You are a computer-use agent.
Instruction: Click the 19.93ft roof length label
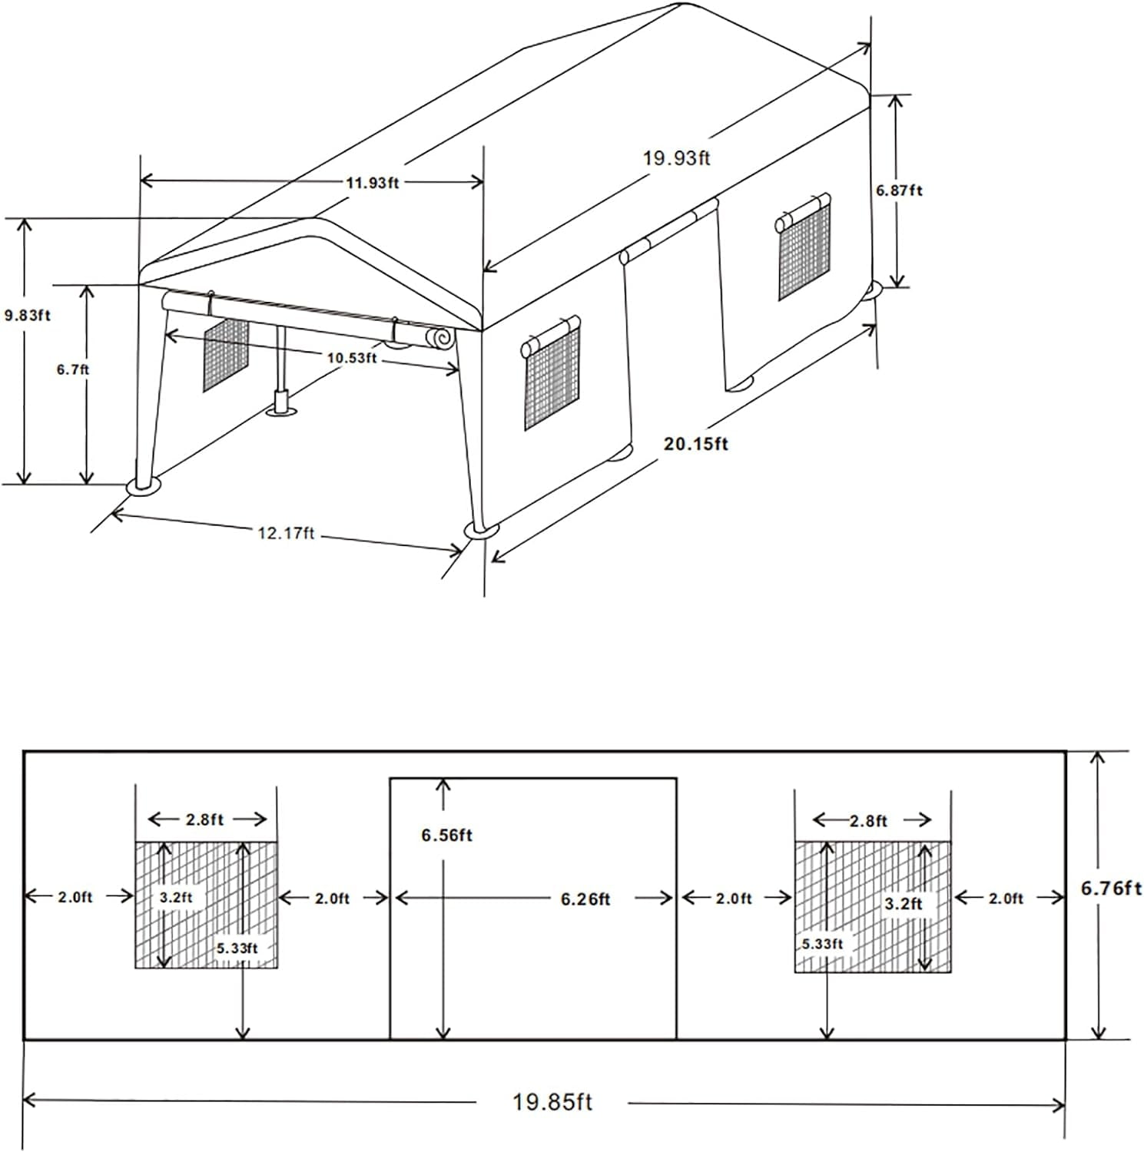[677, 158]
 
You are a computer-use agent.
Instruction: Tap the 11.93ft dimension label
[372, 183]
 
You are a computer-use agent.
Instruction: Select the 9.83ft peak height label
[27, 314]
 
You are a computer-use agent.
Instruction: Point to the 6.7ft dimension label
[73, 369]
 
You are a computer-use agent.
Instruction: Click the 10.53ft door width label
[350, 357]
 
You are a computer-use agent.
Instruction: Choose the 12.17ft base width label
[286, 532]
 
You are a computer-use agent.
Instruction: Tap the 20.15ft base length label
[696, 444]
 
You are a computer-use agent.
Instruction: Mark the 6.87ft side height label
[899, 190]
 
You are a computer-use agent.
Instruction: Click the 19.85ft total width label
[552, 1103]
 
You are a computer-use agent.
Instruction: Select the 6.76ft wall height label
[1111, 889]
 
